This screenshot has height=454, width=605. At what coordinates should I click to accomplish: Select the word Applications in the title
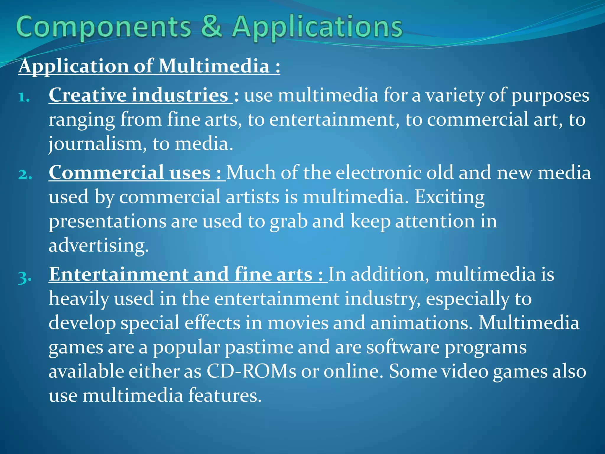(317, 27)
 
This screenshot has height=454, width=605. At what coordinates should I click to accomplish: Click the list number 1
(24, 97)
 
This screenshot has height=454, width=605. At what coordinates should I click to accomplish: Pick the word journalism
(97, 144)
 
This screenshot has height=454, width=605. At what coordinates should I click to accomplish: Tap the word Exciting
(449, 197)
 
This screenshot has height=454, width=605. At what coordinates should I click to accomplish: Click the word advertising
(98, 246)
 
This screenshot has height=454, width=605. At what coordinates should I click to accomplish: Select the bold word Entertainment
(118, 274)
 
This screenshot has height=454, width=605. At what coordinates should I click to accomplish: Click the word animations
(420, 322)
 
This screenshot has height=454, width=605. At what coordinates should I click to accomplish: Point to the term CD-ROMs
(251, 371)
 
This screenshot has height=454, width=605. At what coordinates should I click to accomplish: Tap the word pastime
(259, 347)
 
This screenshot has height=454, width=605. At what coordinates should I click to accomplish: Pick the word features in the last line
(225, 395)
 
